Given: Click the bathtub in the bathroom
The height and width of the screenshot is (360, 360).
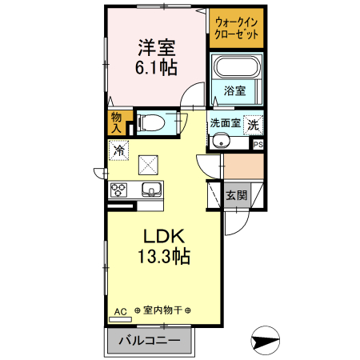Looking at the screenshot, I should tap(236, 67).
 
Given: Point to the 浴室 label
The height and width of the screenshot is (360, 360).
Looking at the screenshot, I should tap(235, 90).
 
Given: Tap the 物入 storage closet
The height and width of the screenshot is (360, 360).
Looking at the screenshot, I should tap(115, 122).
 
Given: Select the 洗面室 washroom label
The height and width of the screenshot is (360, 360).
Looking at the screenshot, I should tap(224, 123).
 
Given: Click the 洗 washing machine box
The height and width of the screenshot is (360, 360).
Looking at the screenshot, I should tap(253, 124).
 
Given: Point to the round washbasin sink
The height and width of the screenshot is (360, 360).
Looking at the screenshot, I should tap(222, 142).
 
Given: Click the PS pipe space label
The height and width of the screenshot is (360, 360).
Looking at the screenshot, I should tap(258, 144).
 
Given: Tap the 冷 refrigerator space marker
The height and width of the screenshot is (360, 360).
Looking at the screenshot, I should tap(119, 149).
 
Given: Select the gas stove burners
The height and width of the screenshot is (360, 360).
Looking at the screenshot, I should tap(119, 190).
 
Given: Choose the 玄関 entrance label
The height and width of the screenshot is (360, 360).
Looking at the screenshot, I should tap(235, 195).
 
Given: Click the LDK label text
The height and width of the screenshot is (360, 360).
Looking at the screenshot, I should tap(163, 238).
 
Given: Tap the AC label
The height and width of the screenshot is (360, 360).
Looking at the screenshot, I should tap(121, 310).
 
